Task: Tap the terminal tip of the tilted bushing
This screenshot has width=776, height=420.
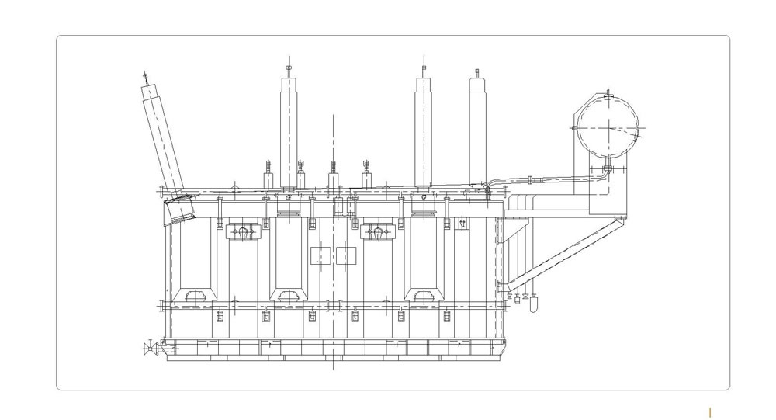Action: pos(144,76)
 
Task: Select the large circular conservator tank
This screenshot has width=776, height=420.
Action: pos(610,127)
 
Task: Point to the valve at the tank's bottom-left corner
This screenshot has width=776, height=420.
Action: pos(148,349)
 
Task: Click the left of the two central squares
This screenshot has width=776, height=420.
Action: pos(320,255)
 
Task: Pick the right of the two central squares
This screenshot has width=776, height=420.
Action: pos(346,255)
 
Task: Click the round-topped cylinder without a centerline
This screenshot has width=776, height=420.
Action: pos(476,128)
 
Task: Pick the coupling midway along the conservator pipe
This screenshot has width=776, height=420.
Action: pos(529,181)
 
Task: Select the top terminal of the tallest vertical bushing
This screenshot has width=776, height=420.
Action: pos(288,68)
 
